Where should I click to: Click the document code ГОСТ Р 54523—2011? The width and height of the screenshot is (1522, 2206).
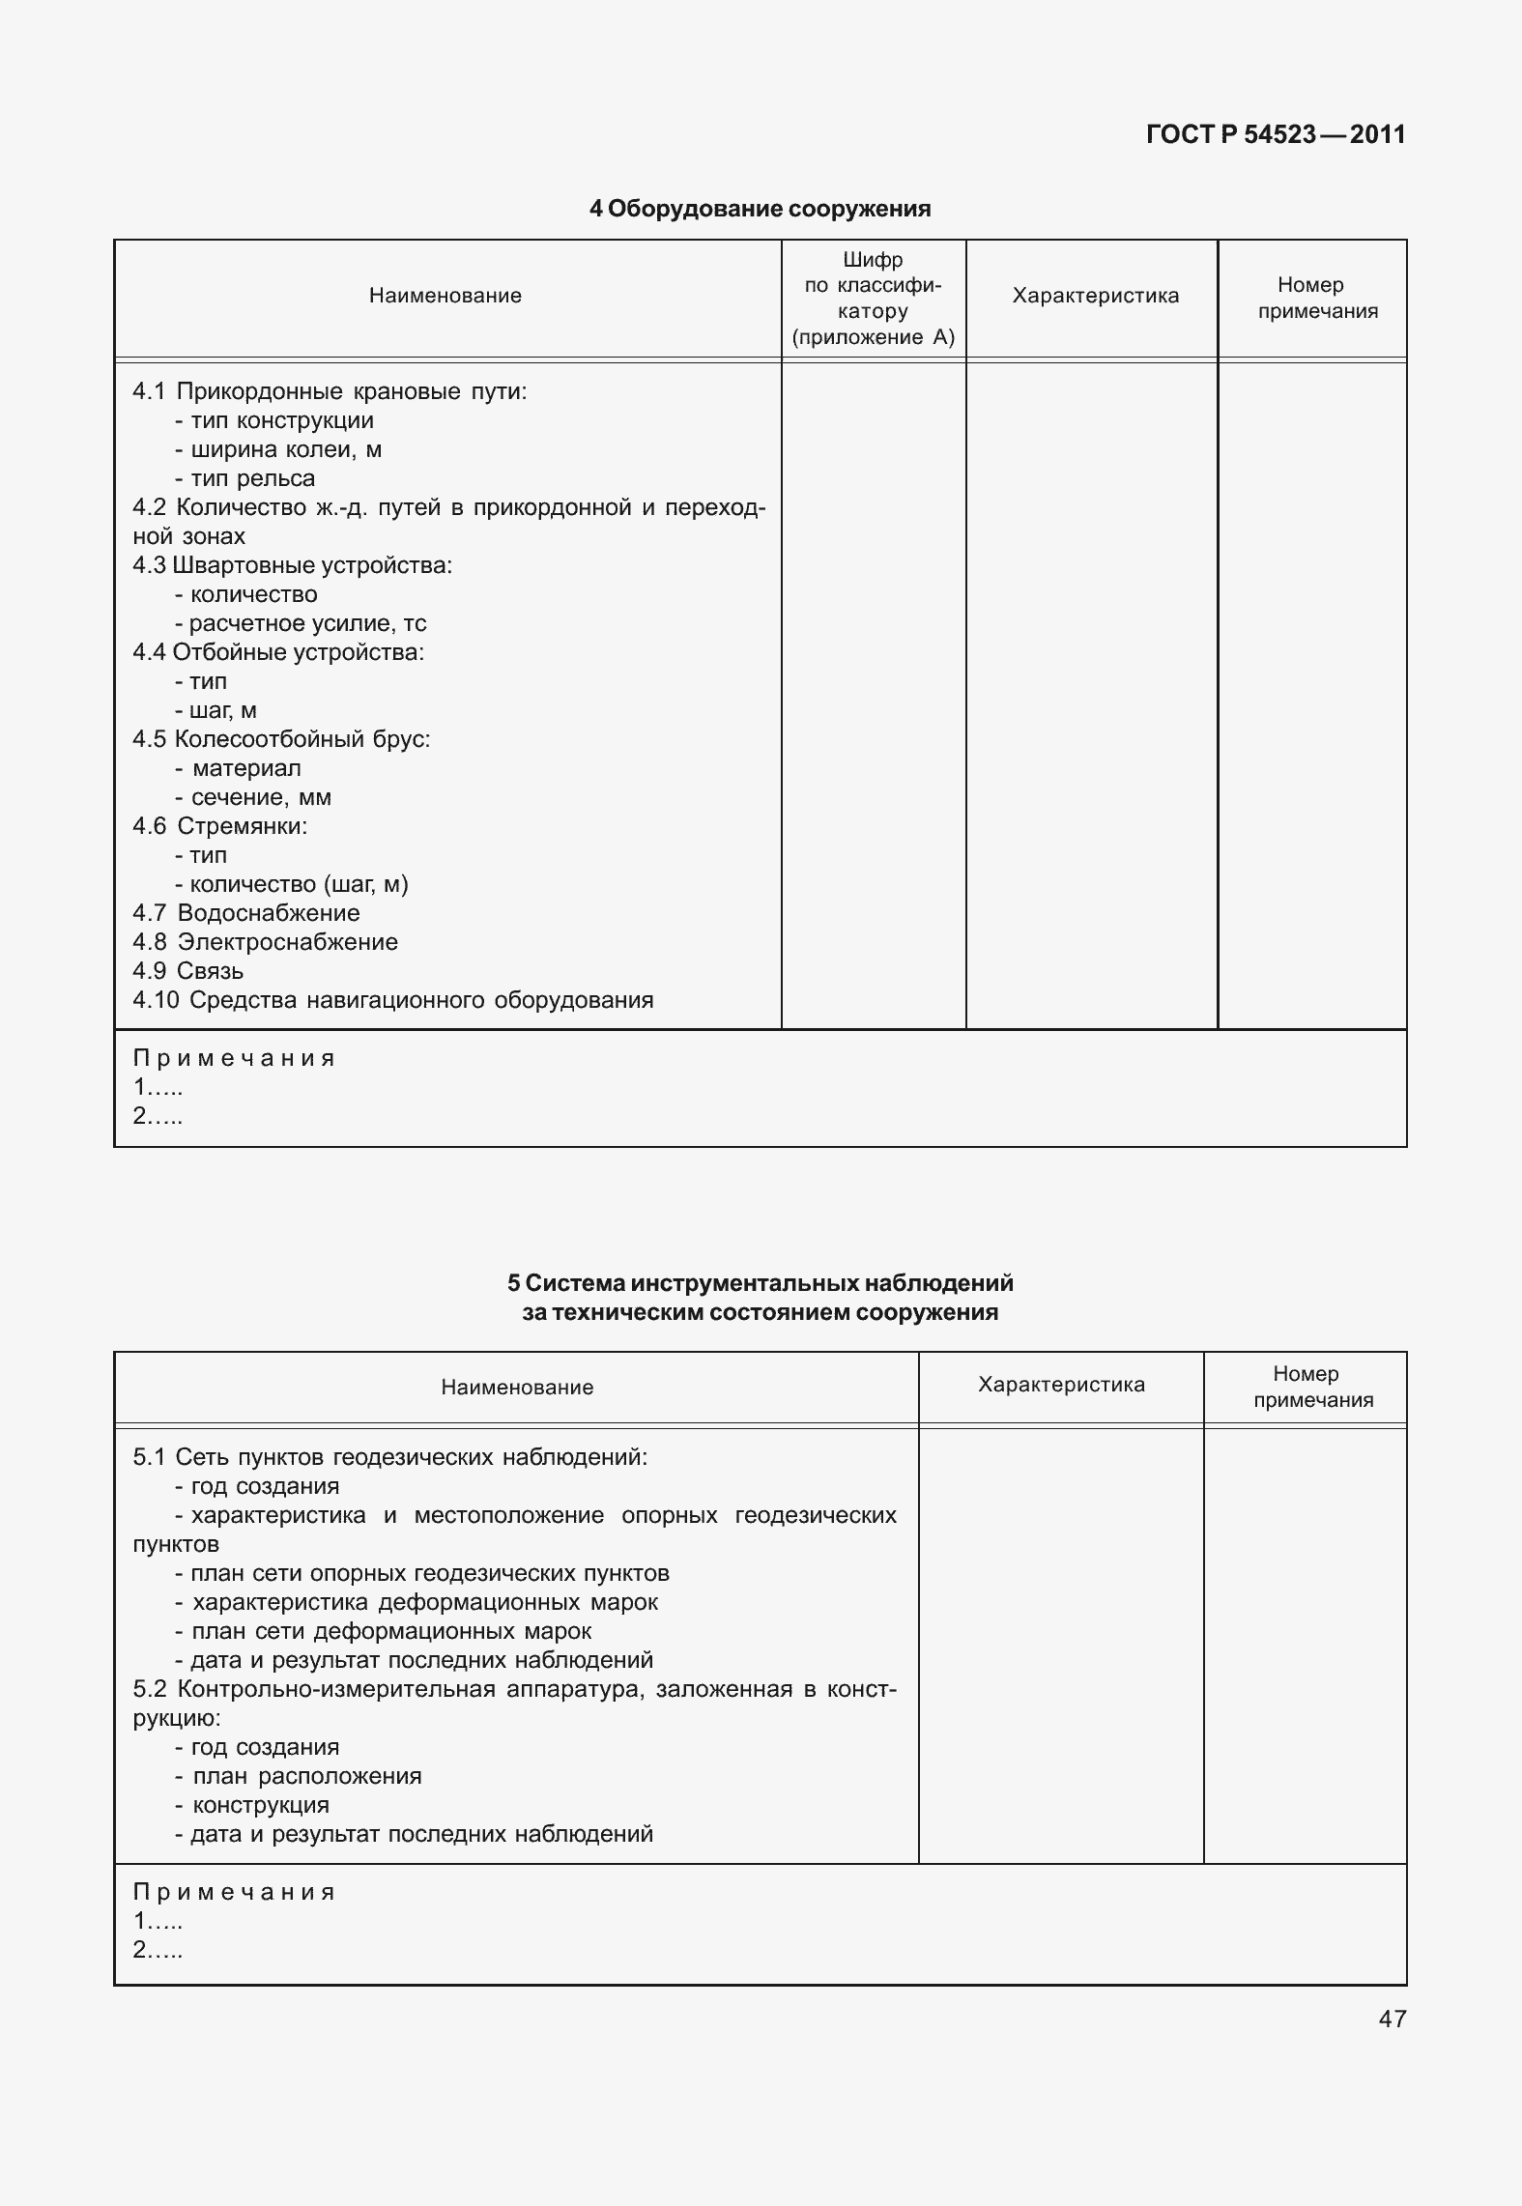(x=1275, y=134)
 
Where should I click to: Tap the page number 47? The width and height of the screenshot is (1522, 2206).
(x=1392, y=2019)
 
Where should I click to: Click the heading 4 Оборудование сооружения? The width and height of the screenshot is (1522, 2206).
(x=760, y=209)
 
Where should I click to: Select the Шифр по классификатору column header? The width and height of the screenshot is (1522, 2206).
(x=873, y=299)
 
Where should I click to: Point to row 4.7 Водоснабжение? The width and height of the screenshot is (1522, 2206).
(x=246, y=913)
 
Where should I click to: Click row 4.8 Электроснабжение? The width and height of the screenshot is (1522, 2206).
(x=266, y=942)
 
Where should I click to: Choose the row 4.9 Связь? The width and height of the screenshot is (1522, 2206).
(x=188, y=971)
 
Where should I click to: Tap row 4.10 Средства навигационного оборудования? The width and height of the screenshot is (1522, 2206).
(x=393, y=1000)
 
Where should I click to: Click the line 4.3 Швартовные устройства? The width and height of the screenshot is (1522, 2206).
(x=293, y=565)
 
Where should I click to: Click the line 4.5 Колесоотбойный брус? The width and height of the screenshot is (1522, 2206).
(x=281, y=739)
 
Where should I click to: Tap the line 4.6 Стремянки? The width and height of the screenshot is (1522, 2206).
(x=220, y=826)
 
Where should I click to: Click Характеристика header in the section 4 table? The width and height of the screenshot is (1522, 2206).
(x=1095, y=296)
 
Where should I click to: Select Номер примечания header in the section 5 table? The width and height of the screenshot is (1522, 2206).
(x=1312, y=1387)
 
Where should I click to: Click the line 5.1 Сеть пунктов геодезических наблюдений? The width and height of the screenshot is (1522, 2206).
(x=390, y=1457)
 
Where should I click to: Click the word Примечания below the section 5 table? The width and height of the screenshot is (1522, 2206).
(x=234, y=1892)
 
